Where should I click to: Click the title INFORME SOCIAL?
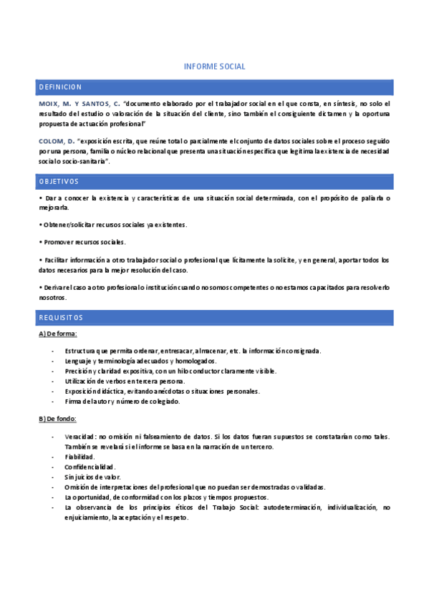(214, 67)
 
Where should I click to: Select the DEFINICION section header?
(60, 87)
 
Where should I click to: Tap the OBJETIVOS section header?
(59, 182)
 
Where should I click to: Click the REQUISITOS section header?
(61, 318)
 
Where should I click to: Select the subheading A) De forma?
(57, 334)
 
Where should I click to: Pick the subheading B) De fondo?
(57, 419)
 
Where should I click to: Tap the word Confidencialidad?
(90, 467)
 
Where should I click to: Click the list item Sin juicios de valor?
(92, 477)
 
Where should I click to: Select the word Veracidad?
(79, 437)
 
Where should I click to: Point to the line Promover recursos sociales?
(84, 242)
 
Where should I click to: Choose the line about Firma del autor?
(112, 402)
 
